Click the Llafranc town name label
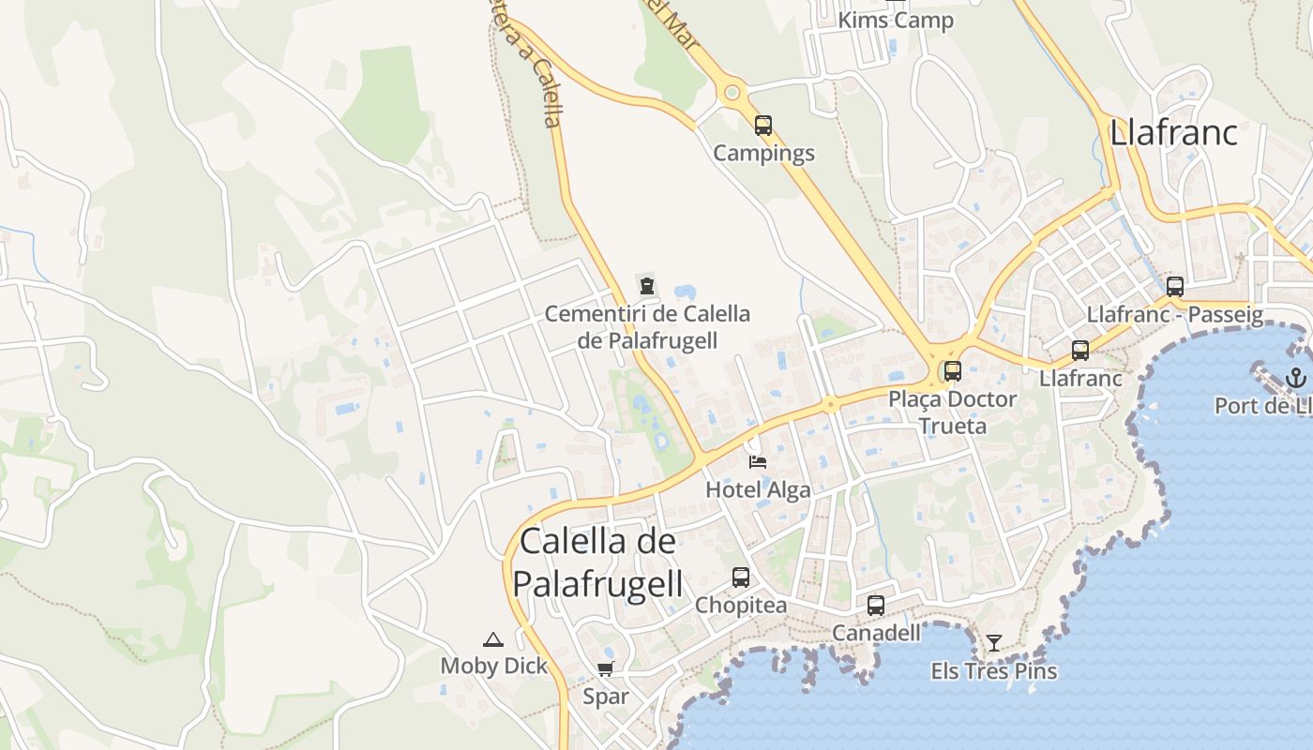[1173, 132]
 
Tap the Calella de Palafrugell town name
[597, 562]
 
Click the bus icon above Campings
[763, 125]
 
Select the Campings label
[763, 153]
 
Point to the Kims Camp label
[895, 20]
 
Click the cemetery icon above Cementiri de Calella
[646, 285]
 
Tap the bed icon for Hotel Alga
[758, 461]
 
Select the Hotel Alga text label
[758, 488]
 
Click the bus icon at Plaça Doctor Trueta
[953, 370]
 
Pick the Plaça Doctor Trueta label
[953, 412]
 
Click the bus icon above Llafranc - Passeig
[1175, 287]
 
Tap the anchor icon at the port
[1295, 378]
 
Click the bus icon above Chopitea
[741, 577]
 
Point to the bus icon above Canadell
[876, 606]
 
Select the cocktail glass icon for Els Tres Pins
[994, 643]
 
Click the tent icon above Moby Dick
[493, 639]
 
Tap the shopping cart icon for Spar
[606, 669]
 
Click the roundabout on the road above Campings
[732, 93]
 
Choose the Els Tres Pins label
[994, 671]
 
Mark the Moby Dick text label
[493, 666]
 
